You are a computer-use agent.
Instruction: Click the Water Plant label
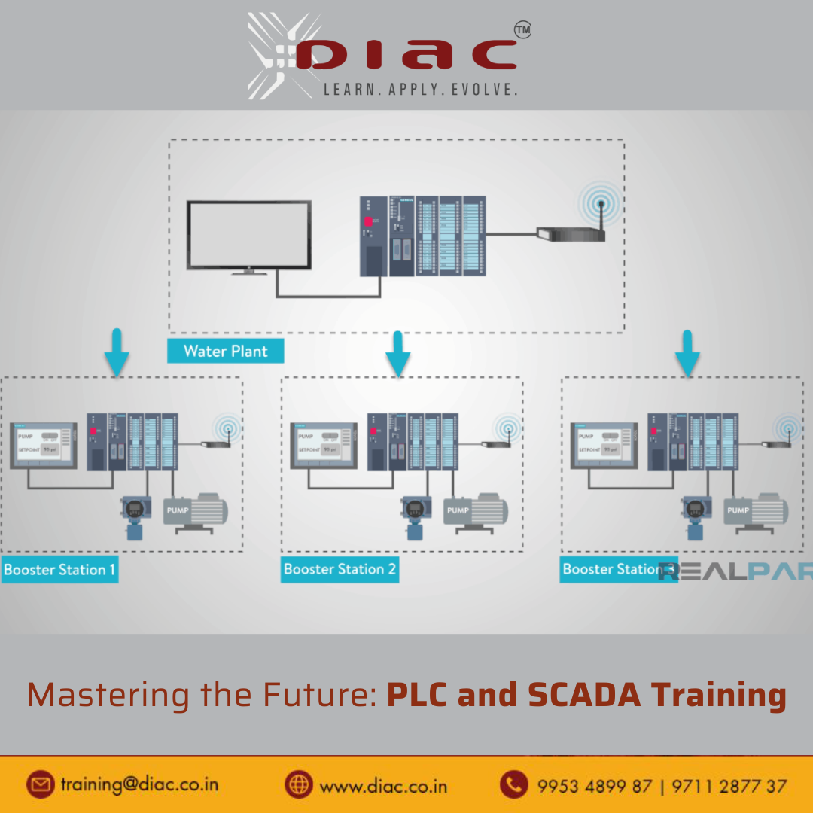click(226, 351)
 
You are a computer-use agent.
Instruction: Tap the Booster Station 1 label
click(59, 570)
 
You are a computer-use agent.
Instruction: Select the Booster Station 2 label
click(340, 570)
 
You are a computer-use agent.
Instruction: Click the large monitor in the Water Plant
click(249, 235)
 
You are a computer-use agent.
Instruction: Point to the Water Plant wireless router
click(571, 233)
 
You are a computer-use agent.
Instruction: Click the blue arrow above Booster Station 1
click(117, 353)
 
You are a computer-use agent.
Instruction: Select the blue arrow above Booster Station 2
click(397, 353)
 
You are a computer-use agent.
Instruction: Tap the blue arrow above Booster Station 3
click(687, 353)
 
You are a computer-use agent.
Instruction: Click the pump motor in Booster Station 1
click(197, 512)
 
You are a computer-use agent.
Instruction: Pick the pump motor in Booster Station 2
click(477, 512)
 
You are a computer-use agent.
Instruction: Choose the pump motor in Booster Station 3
click(757, 512)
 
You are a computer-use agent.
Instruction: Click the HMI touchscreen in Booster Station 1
click(44, 445)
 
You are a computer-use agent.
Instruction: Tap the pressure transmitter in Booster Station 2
click(413, 517)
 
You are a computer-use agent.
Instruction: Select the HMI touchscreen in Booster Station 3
click(604, 445)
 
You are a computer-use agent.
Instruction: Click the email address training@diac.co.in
click(139, 784)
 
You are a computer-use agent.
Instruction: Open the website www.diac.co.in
click(383, 786)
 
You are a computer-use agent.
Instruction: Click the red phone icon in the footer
click(514, 784)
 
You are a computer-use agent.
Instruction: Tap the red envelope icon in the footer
click(41, 784)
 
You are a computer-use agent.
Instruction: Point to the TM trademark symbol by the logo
click(522, 30)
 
